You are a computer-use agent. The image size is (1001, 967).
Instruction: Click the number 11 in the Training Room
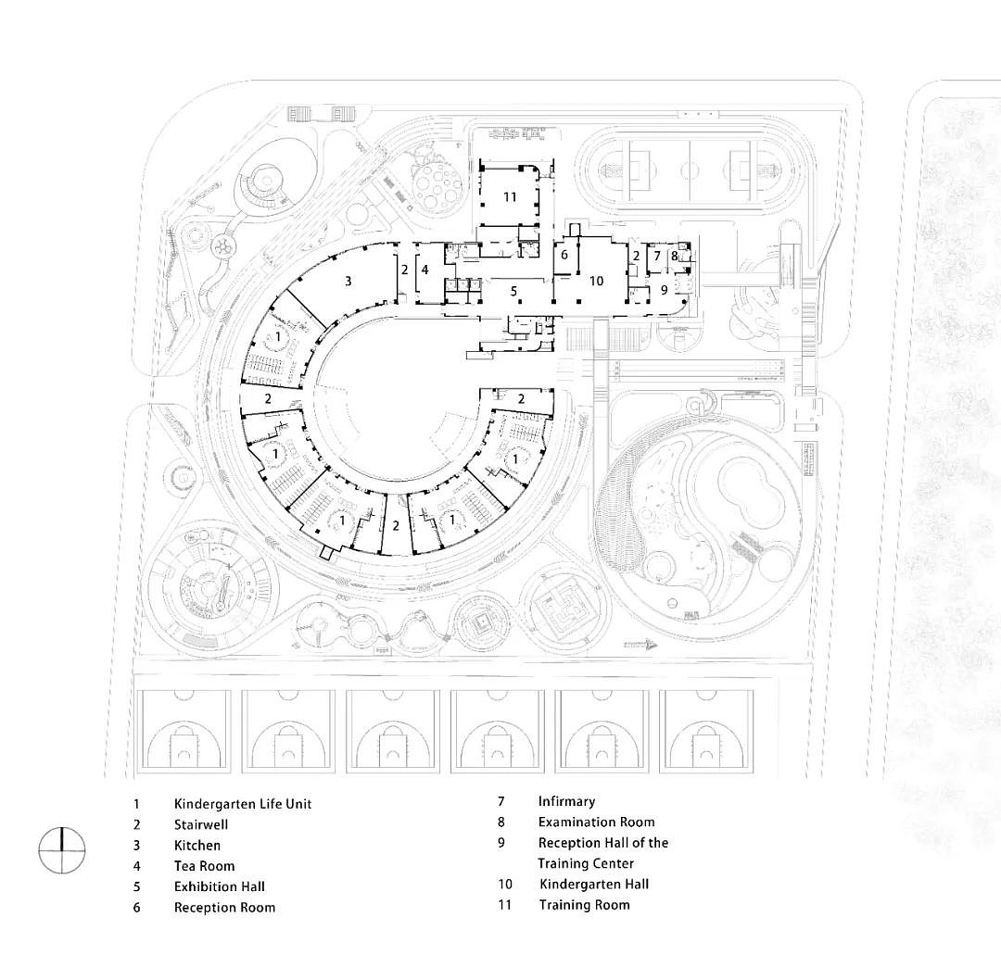pos(510,197)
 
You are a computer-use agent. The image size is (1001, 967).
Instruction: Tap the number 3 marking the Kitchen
pos(348,281)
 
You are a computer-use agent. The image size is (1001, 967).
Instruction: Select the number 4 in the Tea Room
pos(425,270)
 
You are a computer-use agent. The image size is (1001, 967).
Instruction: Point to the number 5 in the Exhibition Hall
pos(513,292)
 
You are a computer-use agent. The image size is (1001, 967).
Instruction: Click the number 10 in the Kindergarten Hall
pos(596,281)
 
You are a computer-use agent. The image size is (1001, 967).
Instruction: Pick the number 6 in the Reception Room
pos(564,255)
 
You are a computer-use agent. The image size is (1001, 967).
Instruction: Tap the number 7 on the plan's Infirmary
pos(657,256)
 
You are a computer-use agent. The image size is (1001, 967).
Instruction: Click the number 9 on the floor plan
pos(664,290)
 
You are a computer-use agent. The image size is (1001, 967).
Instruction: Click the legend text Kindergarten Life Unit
pos(243,804)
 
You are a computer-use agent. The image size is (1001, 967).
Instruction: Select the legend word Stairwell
pos(201,824)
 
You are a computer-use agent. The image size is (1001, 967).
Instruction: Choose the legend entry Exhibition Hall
pos(219,886)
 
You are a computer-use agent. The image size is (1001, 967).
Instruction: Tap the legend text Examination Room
pos(596,822)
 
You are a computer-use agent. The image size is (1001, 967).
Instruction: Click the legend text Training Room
pos(584,905)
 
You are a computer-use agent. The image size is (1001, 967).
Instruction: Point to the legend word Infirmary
pos(566,801)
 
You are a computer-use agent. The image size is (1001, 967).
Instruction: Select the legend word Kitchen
pos(197,845)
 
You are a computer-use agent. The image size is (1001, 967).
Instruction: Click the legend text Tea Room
pos(204,866)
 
